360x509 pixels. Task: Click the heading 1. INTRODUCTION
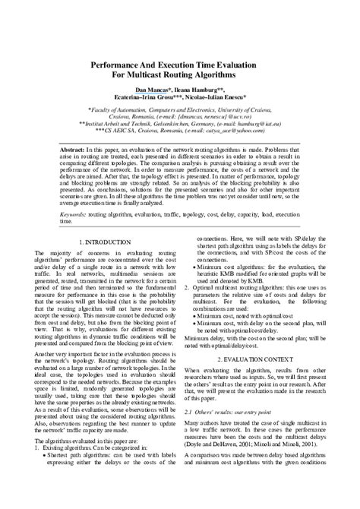point(107,241)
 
